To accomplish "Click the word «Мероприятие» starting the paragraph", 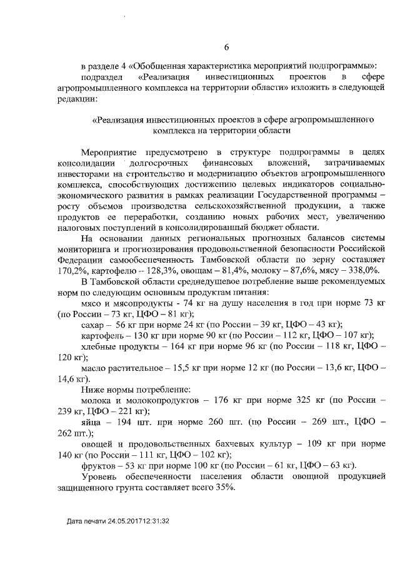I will point(110,153).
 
